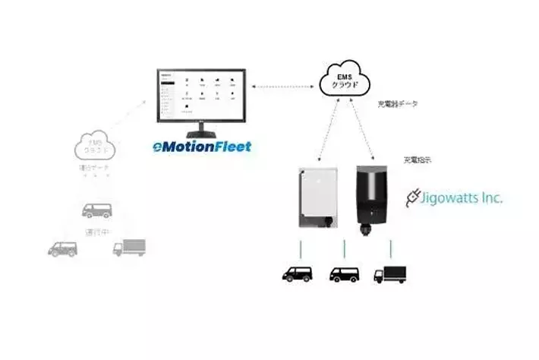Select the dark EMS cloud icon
click(346, 77)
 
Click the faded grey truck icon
click(128, 246)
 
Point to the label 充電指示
click(417, 161)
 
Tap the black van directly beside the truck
click(345, 276)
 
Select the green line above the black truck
click(392, 248)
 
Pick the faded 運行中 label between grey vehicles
click(96, 231)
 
